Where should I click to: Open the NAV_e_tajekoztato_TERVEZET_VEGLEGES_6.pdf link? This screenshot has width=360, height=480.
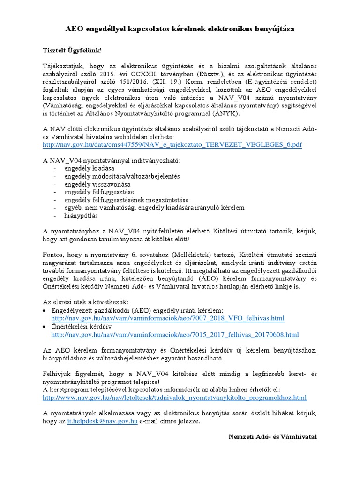172,145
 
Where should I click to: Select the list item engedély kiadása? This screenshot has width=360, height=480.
89,168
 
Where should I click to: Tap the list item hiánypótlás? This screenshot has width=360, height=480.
81,216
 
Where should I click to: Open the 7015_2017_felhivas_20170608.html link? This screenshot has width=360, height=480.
175,334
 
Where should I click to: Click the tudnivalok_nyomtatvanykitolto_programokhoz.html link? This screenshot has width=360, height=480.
174,397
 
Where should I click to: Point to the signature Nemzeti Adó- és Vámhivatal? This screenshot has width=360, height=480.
272,437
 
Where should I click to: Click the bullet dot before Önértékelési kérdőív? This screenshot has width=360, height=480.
45,327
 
